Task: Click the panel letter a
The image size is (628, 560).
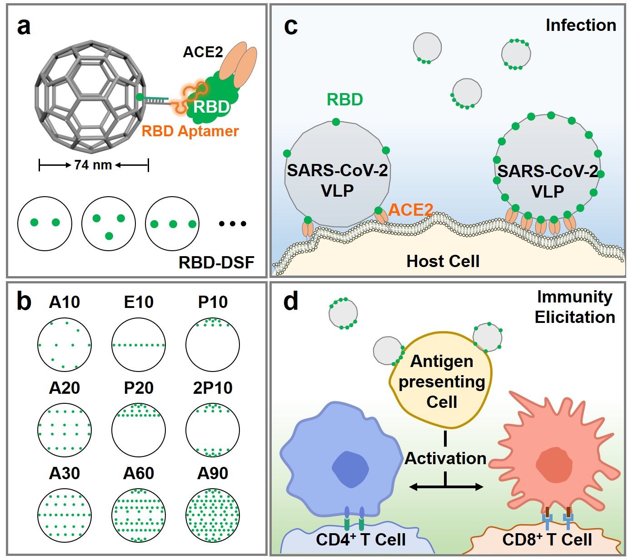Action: point(24,27)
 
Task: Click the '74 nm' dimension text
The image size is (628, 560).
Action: point(93,165)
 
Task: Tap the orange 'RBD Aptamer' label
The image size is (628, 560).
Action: point(190,131)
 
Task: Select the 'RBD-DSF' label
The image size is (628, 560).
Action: point(216,263)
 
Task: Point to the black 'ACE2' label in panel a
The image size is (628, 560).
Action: point(203,52)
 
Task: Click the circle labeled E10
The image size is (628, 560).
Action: point(139,345)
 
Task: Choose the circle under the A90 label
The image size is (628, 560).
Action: point(213,515)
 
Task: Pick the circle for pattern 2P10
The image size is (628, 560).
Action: point(213,430)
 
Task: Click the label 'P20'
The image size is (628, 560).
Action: point(139,388)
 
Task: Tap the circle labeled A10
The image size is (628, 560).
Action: point(65,345)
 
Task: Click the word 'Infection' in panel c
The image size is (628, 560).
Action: point(581,25)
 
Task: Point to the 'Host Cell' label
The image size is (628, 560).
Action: point(443,261)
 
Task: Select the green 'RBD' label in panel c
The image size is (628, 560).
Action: point(345,99)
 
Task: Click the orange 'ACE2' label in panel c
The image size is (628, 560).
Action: point(410,210)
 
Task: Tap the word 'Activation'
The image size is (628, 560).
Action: point(445,458)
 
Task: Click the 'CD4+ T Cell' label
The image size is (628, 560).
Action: point(361,540)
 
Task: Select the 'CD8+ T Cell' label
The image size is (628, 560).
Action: point(547,540)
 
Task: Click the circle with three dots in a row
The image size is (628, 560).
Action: point(173,223)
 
